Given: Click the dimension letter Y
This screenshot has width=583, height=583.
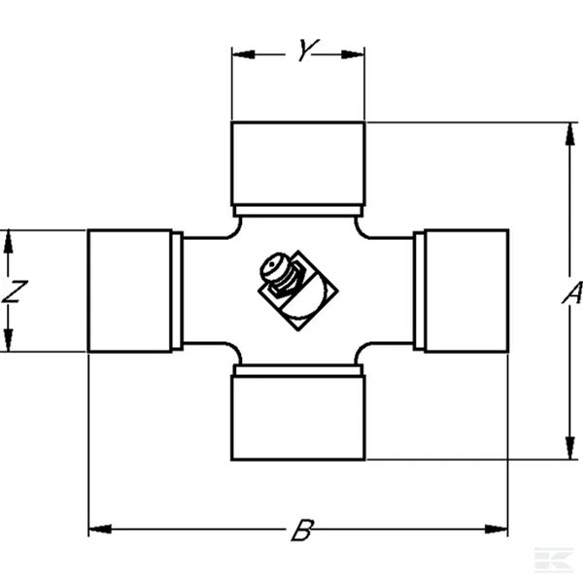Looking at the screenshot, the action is pyautogui.click(x=308, y=50).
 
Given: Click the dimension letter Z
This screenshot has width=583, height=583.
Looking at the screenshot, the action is pyautogui.click(x=15, y=291).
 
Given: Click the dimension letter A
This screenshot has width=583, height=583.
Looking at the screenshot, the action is pyautogui.click(x=572, y=293).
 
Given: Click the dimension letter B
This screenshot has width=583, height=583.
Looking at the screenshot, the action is pyautogui.click(x=302, y=530).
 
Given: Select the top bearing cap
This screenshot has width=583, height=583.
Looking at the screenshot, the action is pyautogui.click(x=298, y=163).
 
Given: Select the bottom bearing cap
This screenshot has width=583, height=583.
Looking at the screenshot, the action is pyautogui.click(x=298, y=418).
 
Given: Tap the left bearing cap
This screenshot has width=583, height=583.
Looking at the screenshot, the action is pyautogui.click(x=130, y=291).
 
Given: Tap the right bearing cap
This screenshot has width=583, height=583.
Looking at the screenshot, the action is pyautogui.click(x=467, y=291).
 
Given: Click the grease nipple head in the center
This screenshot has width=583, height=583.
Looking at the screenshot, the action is pyautogui.click(x=273, y=266).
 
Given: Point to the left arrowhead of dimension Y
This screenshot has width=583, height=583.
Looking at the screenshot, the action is pyautogui.click(x=244, y=54).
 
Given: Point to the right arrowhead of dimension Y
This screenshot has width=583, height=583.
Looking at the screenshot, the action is pyautogui.click(x=353, y=54).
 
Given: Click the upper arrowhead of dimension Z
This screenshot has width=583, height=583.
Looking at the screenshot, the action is pyautogui.click(x=8, y=242).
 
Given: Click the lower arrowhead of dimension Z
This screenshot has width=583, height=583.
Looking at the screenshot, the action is pyautogui.click(x=8, y=340).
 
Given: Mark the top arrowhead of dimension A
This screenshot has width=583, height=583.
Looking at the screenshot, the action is pyautogui.click(x=569, y=134).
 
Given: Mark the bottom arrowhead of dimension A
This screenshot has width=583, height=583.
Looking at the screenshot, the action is pyautogui.click(x=569, y=448).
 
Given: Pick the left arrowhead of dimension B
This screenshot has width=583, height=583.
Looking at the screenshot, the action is pyautogui.click(x=100, y=529).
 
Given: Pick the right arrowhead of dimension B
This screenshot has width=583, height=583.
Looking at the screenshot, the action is pyautogui.click(x=496, y=529).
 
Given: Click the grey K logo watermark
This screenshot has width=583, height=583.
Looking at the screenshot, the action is pyautogui.click(x=554, y=560).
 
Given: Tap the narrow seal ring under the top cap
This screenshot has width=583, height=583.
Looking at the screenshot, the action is pyautogui.click(x=298, y=211).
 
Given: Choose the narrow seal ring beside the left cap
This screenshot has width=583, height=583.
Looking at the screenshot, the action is pyautogui.click(x=178, y=291).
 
